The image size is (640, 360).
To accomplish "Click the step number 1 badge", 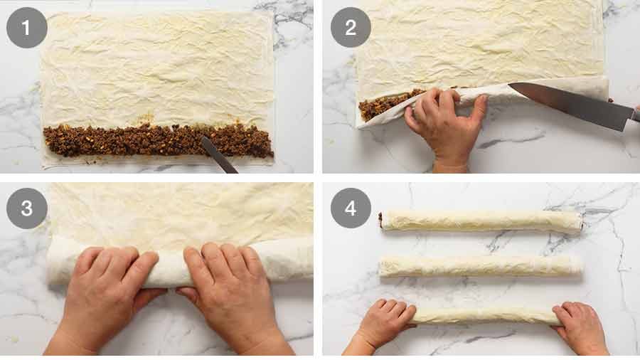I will click(26, 28).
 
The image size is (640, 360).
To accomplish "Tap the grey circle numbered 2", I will click(351, 28).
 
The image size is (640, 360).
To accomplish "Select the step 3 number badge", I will click(26, 208).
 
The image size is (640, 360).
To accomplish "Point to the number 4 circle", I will click(351, 208).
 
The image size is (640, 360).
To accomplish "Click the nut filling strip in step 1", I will click(156, 140).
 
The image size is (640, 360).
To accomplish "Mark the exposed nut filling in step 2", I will click(384, 105).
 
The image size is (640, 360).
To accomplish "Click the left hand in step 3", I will click(107, 285).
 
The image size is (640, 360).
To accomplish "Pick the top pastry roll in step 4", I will click(482, 221).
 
